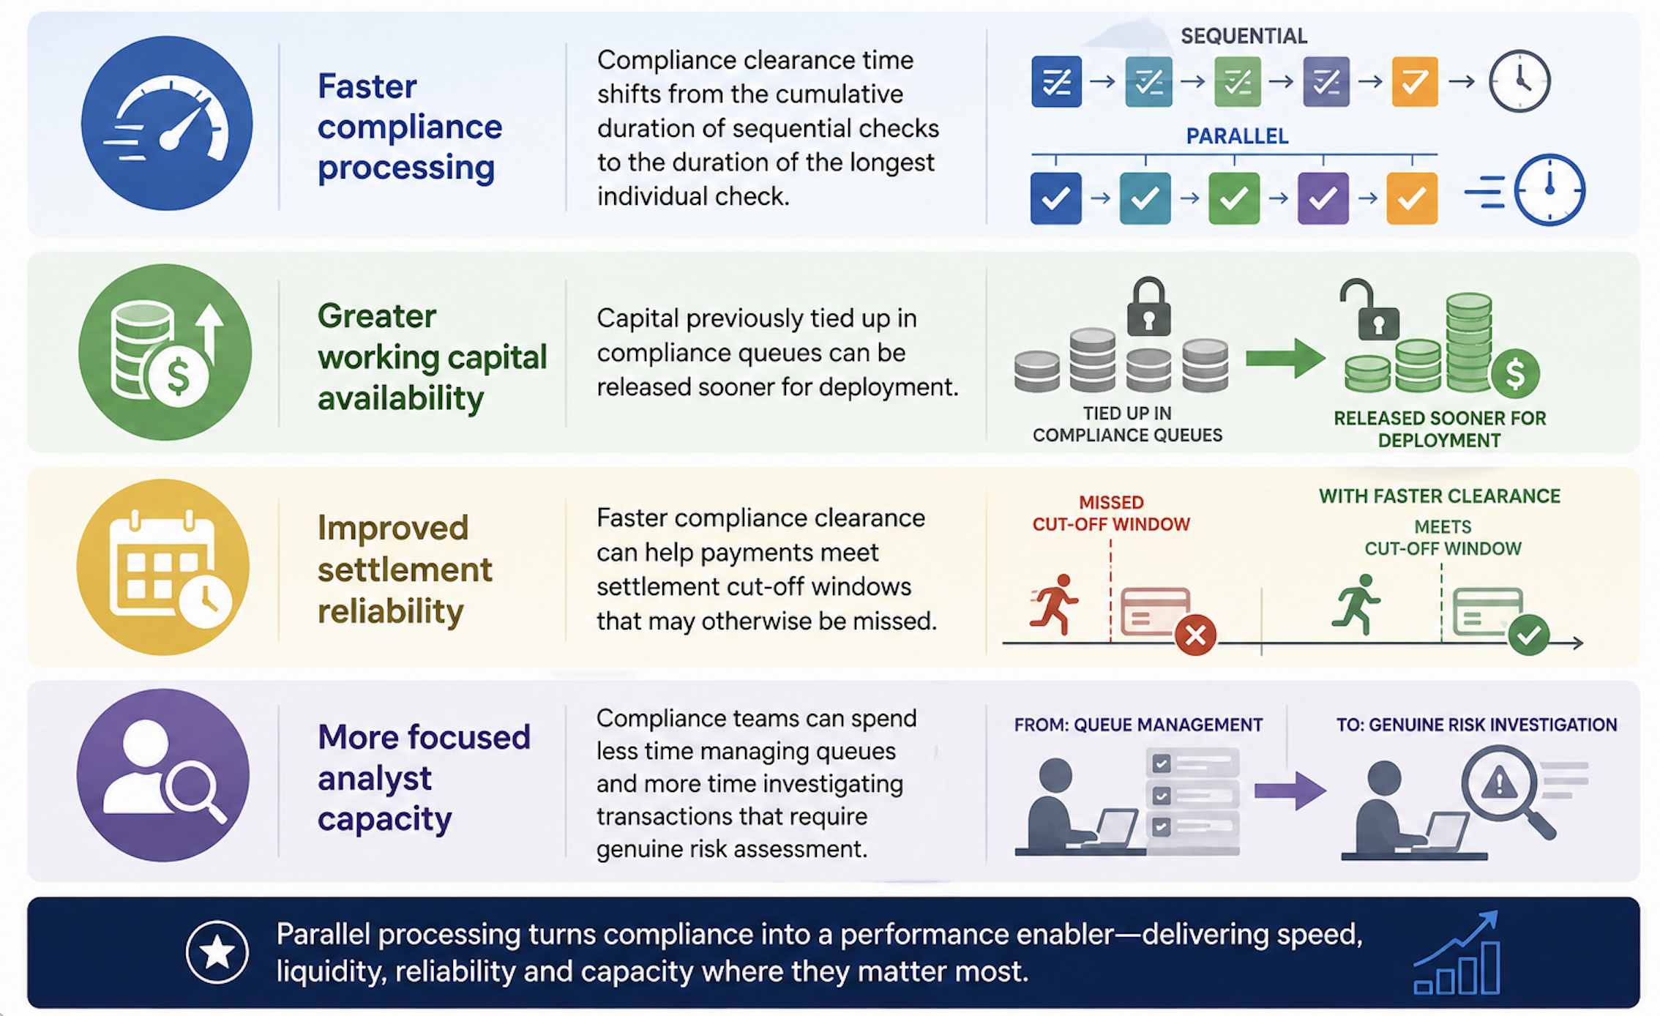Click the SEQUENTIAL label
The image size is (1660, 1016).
[x=1244, y=36]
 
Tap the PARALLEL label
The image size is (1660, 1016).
[x=1237, y=136]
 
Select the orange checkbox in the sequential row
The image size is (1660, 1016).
[x=1414, y=81]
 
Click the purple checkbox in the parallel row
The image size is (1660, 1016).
[x=1323, y=198]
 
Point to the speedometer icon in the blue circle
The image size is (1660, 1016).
[x=167, y=122]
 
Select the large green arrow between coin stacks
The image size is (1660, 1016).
[x=1285, y=358]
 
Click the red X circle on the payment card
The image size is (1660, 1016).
[x=1195, y=635]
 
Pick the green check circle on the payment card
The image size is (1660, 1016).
[x=1528, y=634]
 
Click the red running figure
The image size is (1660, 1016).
[x=1055, y=604]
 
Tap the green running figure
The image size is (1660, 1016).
[x=1356, y=604]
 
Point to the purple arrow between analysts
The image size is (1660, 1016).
[x=1290, y=791]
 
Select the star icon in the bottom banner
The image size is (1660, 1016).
[x=217, y=952]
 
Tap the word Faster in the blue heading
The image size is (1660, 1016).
[x=367, y=86]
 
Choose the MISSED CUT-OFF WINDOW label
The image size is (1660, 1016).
[x=1111, y=513]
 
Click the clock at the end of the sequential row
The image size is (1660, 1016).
[x=1519, y=81]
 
